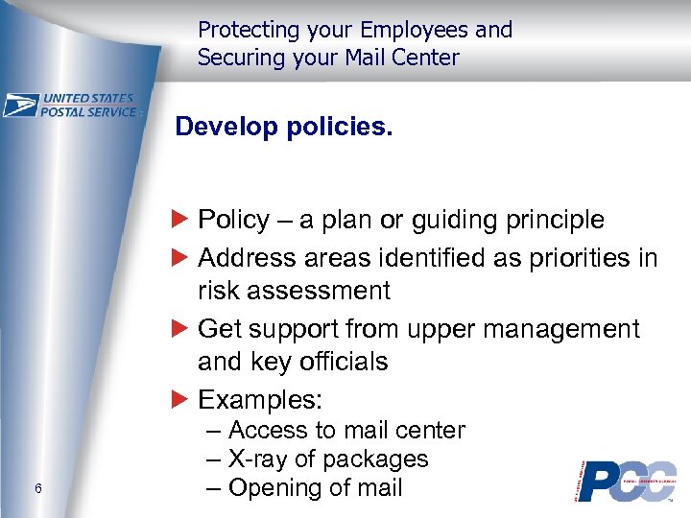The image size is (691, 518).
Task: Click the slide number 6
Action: click(x=36, y=489)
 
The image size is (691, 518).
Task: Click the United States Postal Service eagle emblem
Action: click(x=20, y=105)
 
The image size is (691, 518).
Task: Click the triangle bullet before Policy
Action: click(x=183, y=220)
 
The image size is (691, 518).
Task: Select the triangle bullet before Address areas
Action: click(x=183, y=258)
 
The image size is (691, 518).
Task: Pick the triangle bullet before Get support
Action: click(x=183, y=329)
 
